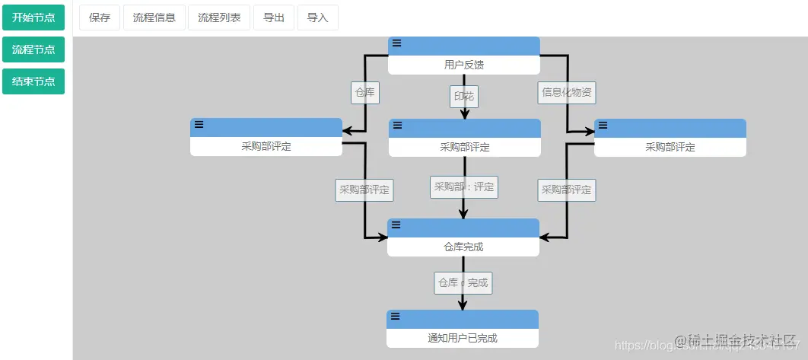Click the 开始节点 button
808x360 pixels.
click(33, 18)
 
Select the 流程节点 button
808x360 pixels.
click(33, 49)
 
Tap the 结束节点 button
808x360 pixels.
click(33, 81)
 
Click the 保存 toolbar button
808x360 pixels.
click(100, 18)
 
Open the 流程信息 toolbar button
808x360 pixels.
click(154, 18)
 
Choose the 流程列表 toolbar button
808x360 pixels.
click(219, 18)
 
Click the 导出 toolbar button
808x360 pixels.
click(274, 18)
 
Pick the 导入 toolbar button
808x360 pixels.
click(318, 18)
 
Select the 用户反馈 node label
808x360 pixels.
click(464, 65)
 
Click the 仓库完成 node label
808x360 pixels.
click(463, 247)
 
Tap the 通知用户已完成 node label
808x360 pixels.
click(463, 338)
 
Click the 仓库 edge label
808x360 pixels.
click(365, 93)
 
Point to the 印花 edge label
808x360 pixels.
click(464, 96)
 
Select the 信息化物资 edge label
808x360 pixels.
click(567, 93)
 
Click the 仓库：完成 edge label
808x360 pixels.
click(463, 282)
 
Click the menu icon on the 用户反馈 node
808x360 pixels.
click(397, 43)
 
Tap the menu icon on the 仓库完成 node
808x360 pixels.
click(396, 225)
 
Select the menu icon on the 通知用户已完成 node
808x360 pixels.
click(396, 316)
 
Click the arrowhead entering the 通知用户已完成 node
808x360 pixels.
click(463, 305)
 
